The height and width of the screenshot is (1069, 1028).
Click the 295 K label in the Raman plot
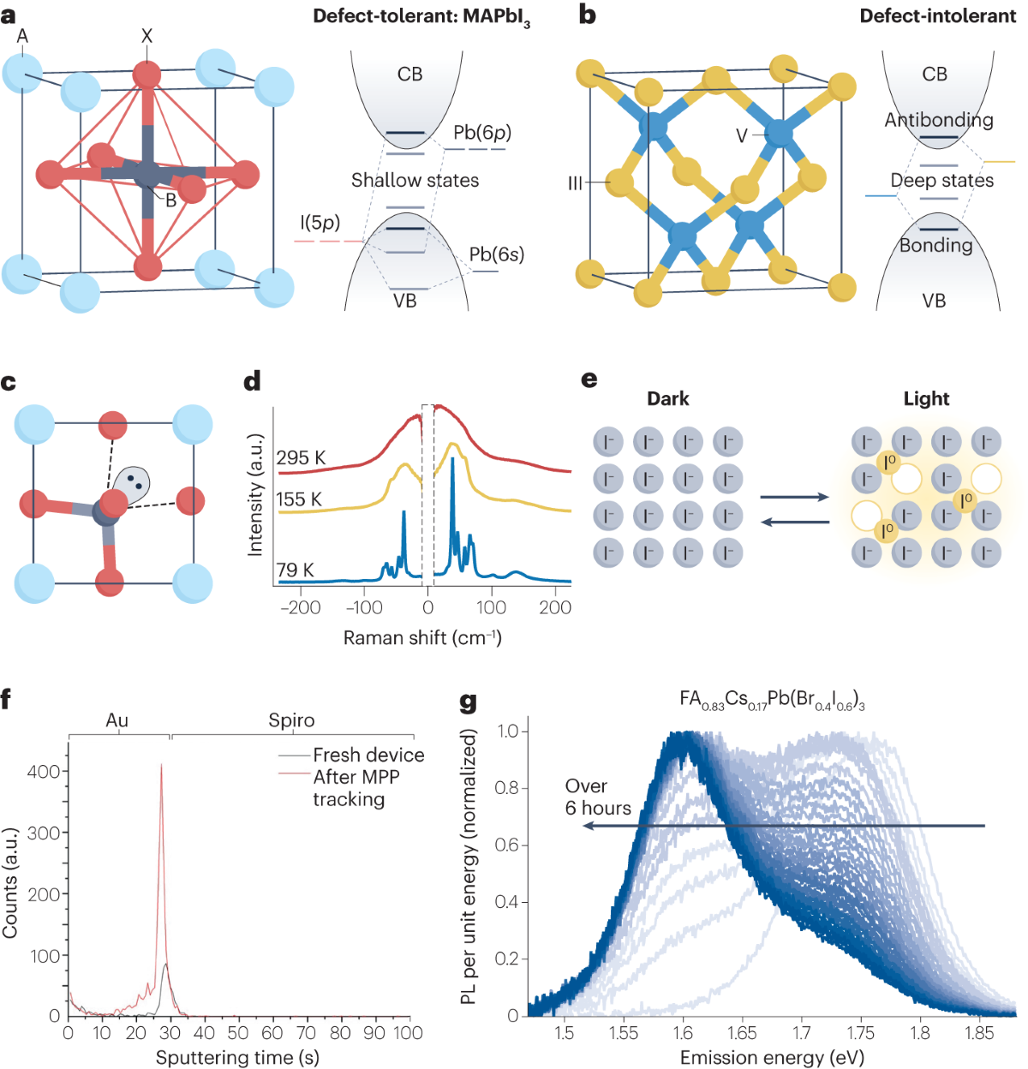(x=300, y=458)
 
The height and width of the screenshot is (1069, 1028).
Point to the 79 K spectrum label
(x=295, y=570)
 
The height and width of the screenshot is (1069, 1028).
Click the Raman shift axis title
(x=422, y=638)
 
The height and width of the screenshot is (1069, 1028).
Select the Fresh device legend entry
(x=368, y=755)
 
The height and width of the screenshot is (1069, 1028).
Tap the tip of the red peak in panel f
(x=161, y=766)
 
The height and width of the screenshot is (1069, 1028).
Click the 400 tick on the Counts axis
(x=44, y=771)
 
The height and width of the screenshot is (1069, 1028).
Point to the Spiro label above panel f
(x=291, y=720)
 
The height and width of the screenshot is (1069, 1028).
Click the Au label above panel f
(x=117, y=720)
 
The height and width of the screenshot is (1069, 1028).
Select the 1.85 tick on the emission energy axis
(x=979, y=1033)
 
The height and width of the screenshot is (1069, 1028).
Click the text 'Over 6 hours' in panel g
(x=597, y=797)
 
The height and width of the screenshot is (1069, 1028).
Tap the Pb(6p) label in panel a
(x=482, y=133)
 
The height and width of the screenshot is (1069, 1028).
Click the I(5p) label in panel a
(x=320, y=224)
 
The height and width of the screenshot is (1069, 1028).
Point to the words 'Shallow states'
(x=415, y=180)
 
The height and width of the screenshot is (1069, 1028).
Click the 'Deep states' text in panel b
(x=941, y=180)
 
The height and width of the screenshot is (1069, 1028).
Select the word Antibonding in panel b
(x=939, y=121)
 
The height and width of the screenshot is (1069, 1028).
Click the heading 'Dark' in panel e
(x=668, y=399)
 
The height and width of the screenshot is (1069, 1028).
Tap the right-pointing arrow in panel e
(x=794, y=497)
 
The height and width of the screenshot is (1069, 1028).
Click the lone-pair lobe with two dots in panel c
(x=133, y=483)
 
